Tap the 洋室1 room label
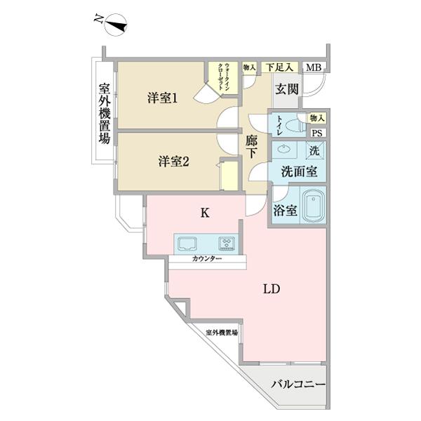point(161,99)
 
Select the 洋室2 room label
point(173,161)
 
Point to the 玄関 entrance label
point(286,89)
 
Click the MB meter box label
point(314,67)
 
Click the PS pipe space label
point(316,133)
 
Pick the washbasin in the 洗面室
point(284,149)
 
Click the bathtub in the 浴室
point(312,206)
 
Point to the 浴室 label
point(285,210)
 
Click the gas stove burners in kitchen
point(227,243)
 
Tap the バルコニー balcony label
point(298,385)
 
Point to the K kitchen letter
point(205,213)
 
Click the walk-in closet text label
point(223,74)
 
